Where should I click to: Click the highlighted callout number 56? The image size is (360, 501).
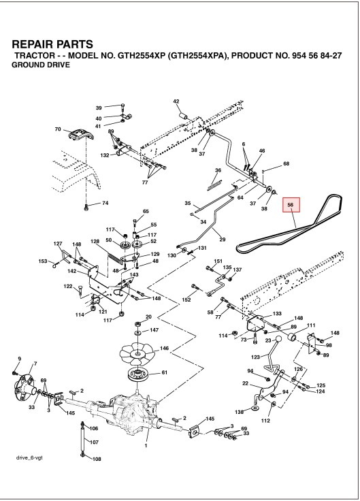(x=291, y=204)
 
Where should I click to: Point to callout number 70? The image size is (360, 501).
(x=58, y=129)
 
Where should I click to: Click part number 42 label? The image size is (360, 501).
(x=176, y=102)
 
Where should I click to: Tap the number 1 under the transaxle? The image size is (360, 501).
(x=146, y=445)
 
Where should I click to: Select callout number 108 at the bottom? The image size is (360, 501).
(x=96, y=459)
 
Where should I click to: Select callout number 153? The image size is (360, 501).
(x=43, y=261)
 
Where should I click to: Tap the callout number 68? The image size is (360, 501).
(x=286, y=163)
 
